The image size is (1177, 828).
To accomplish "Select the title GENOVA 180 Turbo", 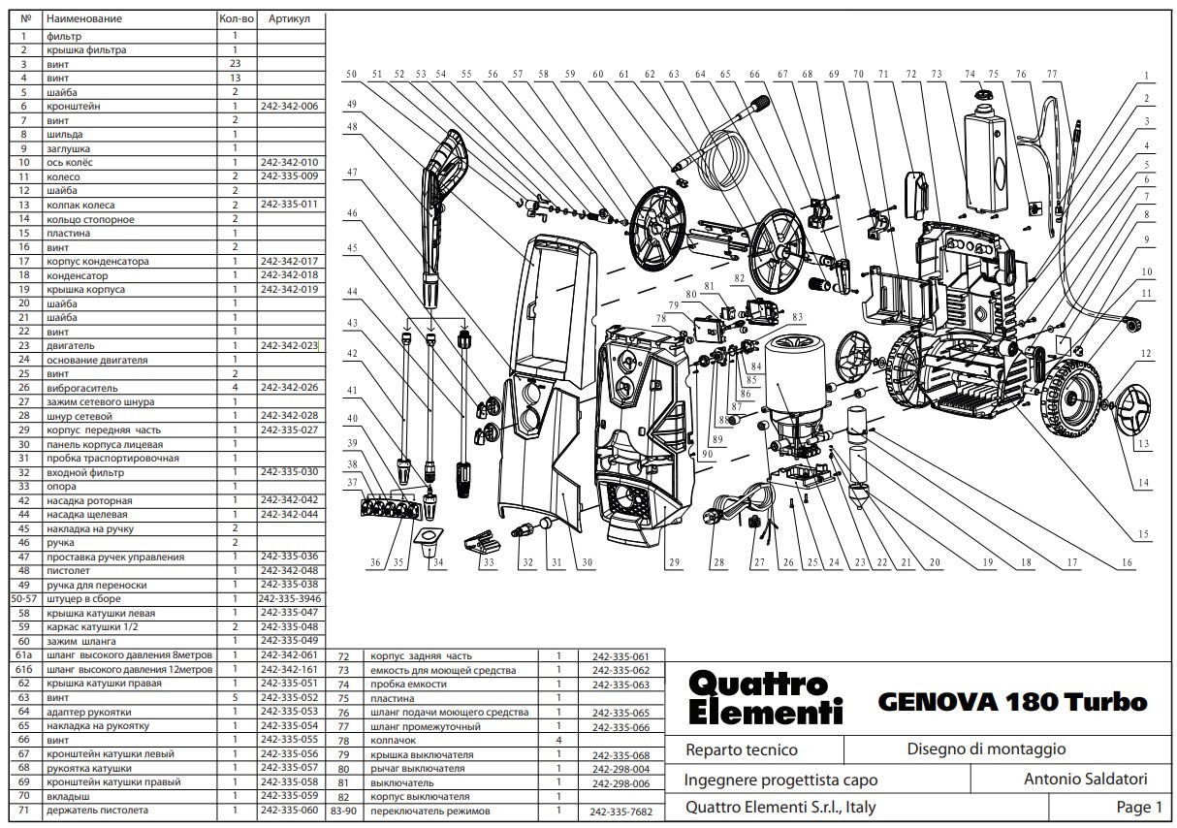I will [x=1012, y=702].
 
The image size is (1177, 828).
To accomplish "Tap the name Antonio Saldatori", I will [x=1085, y=779].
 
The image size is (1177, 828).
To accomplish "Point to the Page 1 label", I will [x=1138, y=807].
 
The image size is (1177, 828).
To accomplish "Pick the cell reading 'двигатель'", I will [x=70, y=346].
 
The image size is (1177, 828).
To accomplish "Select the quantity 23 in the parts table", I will [x=235, y=63].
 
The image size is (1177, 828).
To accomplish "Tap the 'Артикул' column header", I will [x=290, y=19].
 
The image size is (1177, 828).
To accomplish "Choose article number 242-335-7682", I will [x=621, y=812].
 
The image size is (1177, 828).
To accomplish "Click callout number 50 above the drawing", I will [x=351, y=74].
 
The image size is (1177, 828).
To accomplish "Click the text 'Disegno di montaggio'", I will [x=986, y=749].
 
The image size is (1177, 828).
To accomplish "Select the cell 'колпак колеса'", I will [x=80, y=206].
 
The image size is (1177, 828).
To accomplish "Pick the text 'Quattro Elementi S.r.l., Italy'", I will [x=779, y=807].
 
